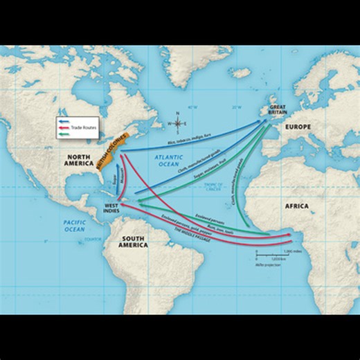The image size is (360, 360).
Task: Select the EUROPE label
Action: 297,127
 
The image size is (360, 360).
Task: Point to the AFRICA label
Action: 296,206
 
